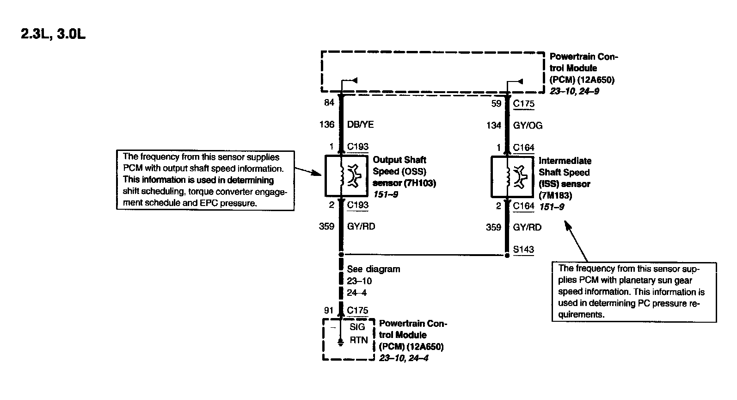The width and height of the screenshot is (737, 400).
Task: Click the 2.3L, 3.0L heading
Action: click(53, 35)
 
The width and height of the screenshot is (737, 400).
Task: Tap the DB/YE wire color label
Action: click(360, 125)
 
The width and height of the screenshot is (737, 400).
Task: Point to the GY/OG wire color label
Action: click(528, 125)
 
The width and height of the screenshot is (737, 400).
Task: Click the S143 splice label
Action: click(523, 250)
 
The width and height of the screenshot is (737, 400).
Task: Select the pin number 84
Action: click(329, 103)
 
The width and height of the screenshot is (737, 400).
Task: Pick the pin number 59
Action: click(496, 104)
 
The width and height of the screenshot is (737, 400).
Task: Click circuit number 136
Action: click(327, 125)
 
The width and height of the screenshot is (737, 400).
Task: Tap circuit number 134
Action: click(494, 125)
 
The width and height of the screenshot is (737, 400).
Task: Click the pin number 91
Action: click(329, 310)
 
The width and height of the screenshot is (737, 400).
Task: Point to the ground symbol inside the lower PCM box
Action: click(341, 343)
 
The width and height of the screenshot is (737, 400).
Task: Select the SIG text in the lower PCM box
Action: click(357, 327)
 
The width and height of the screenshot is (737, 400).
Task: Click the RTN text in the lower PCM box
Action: click(358, 340)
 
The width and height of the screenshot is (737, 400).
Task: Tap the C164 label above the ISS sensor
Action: click(524, 148)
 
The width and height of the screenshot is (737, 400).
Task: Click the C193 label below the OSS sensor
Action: click(357, 205)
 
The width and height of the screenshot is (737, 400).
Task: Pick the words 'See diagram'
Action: click(374, 269)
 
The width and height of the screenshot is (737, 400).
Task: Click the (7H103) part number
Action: click(420, 183)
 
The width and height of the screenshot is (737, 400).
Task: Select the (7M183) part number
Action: click(555, 195)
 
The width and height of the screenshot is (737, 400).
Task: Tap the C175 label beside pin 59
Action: click(524, 104)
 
